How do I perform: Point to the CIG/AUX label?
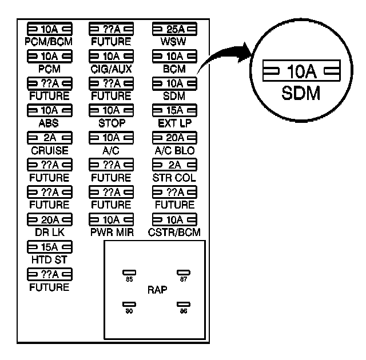(x=111, y=69)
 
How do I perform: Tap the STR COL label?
(x=174, y=178)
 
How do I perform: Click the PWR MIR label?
(x=111, y=233)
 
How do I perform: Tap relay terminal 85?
(x=129, y=273)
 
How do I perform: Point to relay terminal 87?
(x=183, y=273)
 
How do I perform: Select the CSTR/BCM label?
(x=174, y=233)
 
